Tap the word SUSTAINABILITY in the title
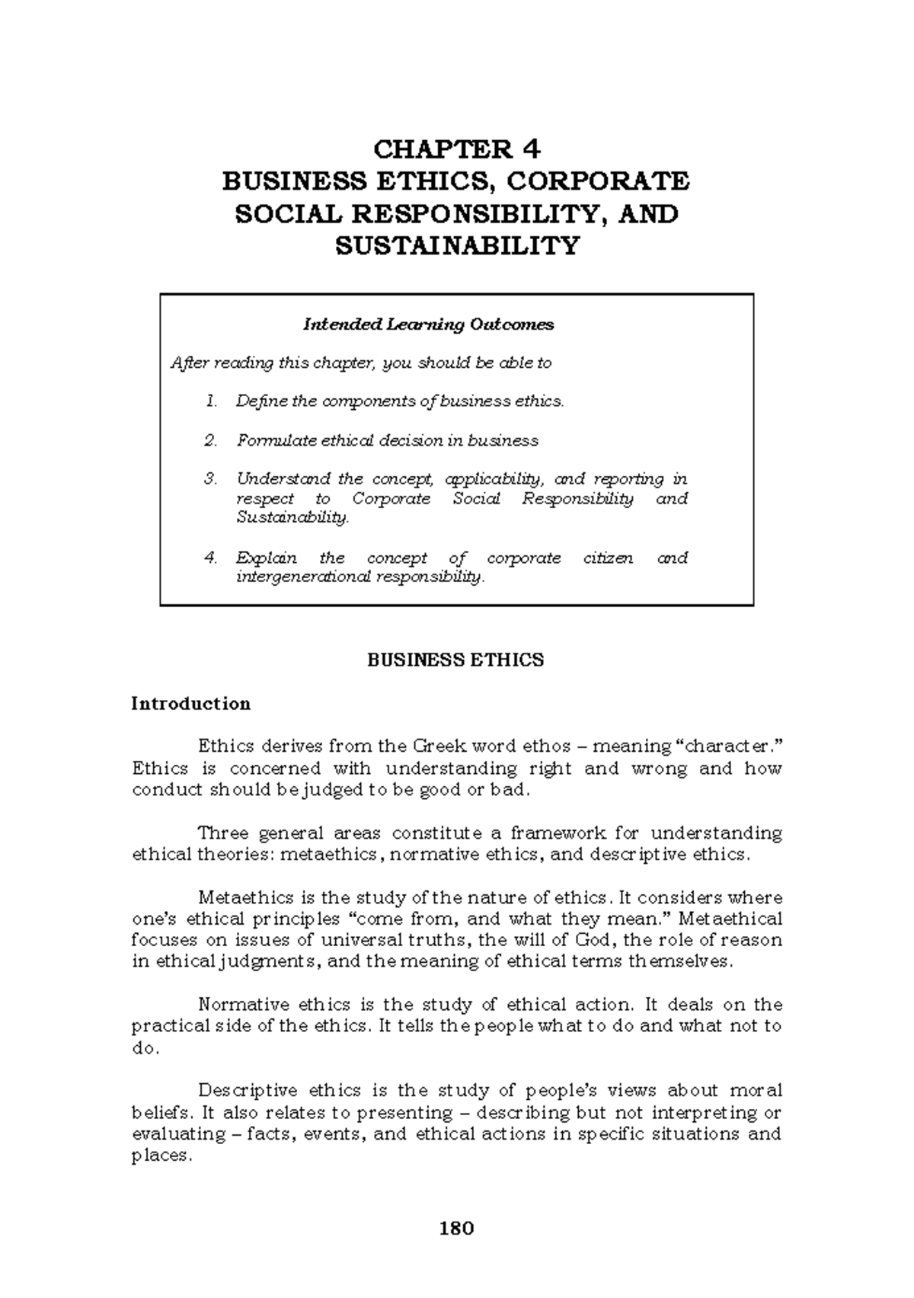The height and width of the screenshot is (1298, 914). (457, 246)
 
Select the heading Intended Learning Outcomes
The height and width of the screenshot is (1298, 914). (428, 324)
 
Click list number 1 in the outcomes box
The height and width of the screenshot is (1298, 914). (211, 401)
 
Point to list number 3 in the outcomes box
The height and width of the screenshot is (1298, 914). (211, 479)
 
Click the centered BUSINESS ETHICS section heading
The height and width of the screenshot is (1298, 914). (455, 660)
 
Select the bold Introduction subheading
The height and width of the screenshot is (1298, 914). (190, 703)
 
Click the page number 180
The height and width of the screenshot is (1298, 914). (456, 1228)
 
